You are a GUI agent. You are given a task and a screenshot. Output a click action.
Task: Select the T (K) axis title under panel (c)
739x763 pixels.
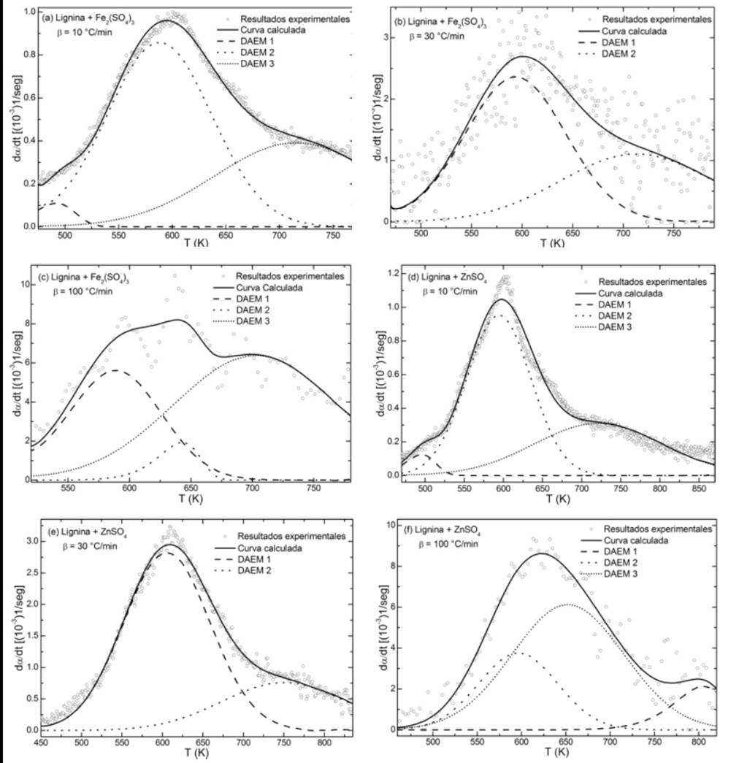(x=191, y=503)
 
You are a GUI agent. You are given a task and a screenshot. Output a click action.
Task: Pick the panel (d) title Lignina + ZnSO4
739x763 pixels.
(x=448, y=280)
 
